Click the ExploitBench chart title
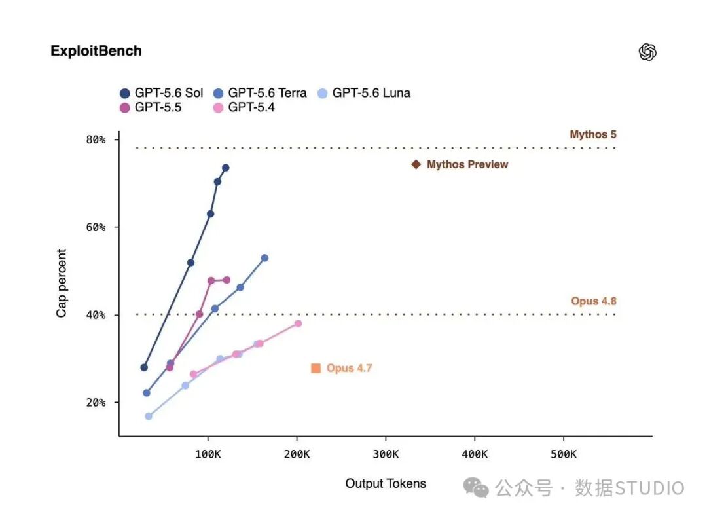(96, 51)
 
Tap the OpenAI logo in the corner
(647, 52)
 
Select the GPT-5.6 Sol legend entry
(162, 93)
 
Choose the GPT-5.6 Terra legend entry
(260, 93)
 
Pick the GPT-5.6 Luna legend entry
(364, 93)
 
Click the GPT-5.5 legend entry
(151, 107)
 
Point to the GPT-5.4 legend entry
(244, 107)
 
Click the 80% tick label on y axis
(96, 140)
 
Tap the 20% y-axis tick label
(96, 402)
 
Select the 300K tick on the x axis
(386, 454)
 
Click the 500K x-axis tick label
(563, 454)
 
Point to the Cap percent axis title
(62, 284)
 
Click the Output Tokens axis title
(386, 483)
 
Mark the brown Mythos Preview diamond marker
(416, 164)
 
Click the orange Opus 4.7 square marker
(316, 368)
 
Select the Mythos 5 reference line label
(593, 134)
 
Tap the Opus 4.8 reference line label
(593, 301)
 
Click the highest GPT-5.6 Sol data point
(225, 168)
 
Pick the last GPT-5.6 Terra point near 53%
(264, 258)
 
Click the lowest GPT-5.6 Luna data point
(149, 416)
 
